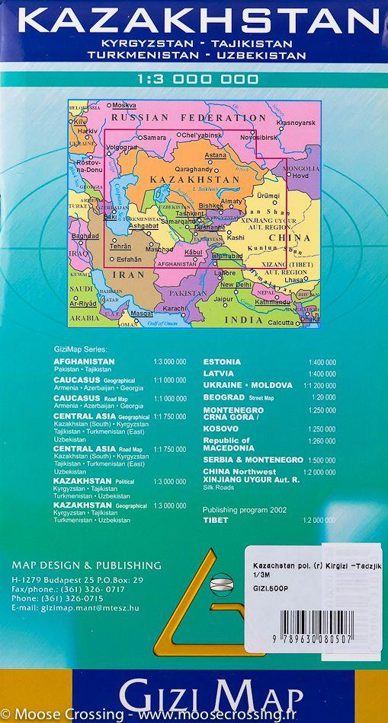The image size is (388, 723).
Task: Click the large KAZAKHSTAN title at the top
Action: pos(194,19)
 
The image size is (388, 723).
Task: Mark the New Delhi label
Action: pos(236,285)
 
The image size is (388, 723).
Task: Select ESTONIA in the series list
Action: pos(222,361)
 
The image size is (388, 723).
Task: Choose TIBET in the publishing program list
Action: pos(215,519)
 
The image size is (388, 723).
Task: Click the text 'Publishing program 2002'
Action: pos(244,509)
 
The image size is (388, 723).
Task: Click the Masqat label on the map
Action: pos(136,314)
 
